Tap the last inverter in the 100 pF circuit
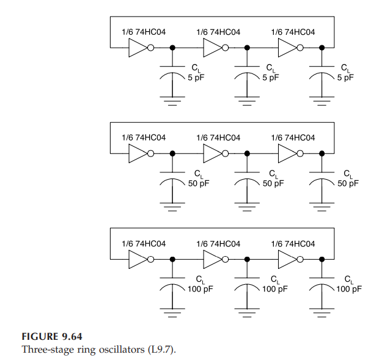point(287,260)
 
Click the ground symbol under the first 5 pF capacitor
point(172,101)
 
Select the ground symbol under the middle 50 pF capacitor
point(248,207)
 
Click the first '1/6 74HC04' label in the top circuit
point(144,32)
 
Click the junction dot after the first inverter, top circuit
point(172,48)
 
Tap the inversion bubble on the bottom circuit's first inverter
point(151,260)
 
